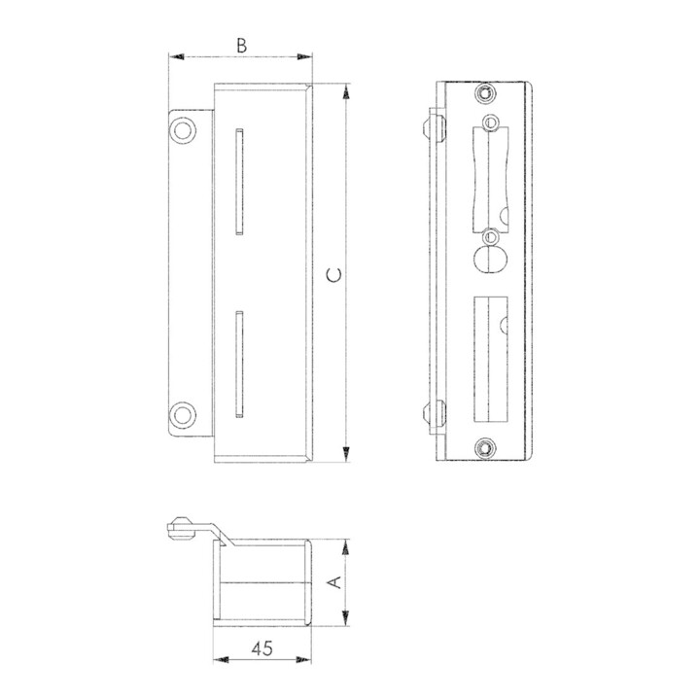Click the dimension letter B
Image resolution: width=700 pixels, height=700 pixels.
coord(241,46)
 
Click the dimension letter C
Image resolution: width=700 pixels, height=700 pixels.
coord(334,275)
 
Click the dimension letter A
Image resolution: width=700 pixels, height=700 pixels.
coord(334,582)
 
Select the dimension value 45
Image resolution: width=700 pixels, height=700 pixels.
coord(262,648)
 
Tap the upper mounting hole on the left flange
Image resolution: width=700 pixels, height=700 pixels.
coord(183,131)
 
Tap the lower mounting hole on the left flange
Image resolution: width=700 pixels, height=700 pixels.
coord(183,415)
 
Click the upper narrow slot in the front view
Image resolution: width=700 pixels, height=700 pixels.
coord(240,182)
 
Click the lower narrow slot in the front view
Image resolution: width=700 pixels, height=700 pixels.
coord(240,365)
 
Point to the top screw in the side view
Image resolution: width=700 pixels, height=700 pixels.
coord(485,93)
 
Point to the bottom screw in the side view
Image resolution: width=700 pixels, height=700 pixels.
coord(485,448)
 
